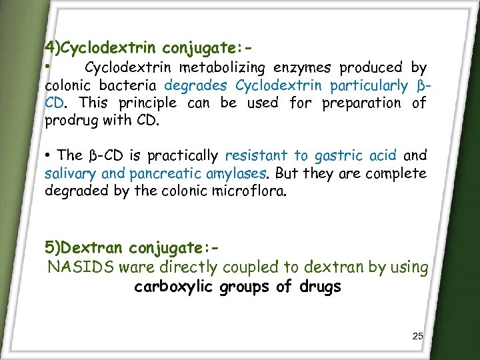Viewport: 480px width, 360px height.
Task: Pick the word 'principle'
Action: (147, 103)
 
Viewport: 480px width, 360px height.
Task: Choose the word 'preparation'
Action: (360, 103)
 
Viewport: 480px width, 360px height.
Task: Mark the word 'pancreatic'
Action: (163, 174)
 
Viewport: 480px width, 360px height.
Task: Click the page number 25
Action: (417, 335)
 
